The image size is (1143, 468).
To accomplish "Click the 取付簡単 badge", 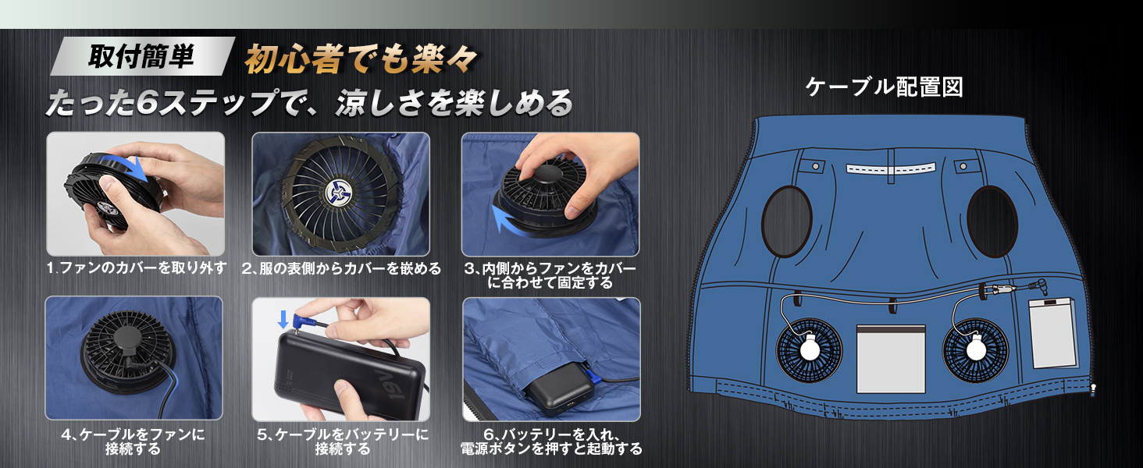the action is (142, 56).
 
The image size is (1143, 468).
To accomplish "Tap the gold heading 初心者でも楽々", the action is (361, 59).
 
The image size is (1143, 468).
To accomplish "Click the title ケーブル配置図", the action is (885, 87).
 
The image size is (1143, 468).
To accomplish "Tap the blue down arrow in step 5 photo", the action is (283, 319).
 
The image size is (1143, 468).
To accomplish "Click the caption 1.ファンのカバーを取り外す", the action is (137, 268).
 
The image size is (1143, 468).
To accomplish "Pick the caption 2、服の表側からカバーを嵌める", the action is (341, 268).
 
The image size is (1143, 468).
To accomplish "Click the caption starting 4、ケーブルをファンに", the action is (134, 441).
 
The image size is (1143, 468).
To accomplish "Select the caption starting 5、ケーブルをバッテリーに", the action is (343, 441).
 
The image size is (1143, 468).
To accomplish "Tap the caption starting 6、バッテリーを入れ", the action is (551, 441).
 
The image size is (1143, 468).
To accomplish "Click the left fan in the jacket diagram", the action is (810, 349).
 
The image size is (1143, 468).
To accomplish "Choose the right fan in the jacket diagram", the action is (976, 349).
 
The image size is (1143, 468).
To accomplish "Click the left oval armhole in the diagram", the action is (786, 222).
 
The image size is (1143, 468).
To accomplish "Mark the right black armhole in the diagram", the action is (992, 222).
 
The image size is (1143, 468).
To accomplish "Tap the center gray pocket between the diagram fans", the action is (891, 359).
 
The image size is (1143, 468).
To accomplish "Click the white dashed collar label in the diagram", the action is (891, 168).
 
